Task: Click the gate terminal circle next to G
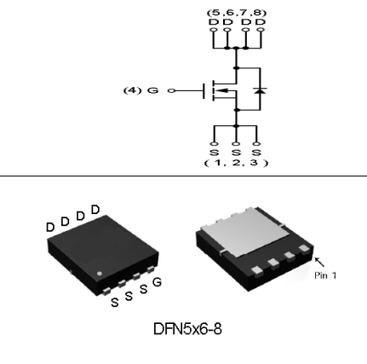(x=171, y=91)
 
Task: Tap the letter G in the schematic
(x=152, y=90)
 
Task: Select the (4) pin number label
(x=132, y=90)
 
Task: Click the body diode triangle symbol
(x=260, y=90)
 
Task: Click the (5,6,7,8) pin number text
(x=237, y=13)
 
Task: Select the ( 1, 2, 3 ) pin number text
(x=236, y=163)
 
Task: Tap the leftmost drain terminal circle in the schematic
(x=213, y=30)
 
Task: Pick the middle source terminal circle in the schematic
(x=236, y=144)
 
